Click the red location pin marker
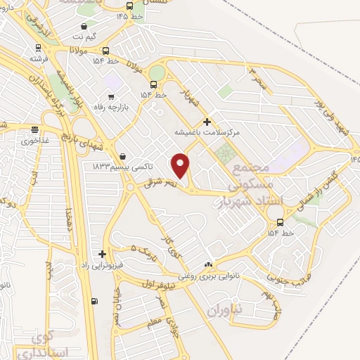tap(181, 166)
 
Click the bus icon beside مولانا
tap(105, 51)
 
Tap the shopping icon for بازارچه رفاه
tap(111, 96)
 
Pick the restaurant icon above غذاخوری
tap(34, 129)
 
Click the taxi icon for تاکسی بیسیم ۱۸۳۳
tap(123, 155)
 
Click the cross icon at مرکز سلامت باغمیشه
tap(206, 122)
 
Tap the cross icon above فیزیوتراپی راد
tap(103, 254)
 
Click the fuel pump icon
tap(94, 302)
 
